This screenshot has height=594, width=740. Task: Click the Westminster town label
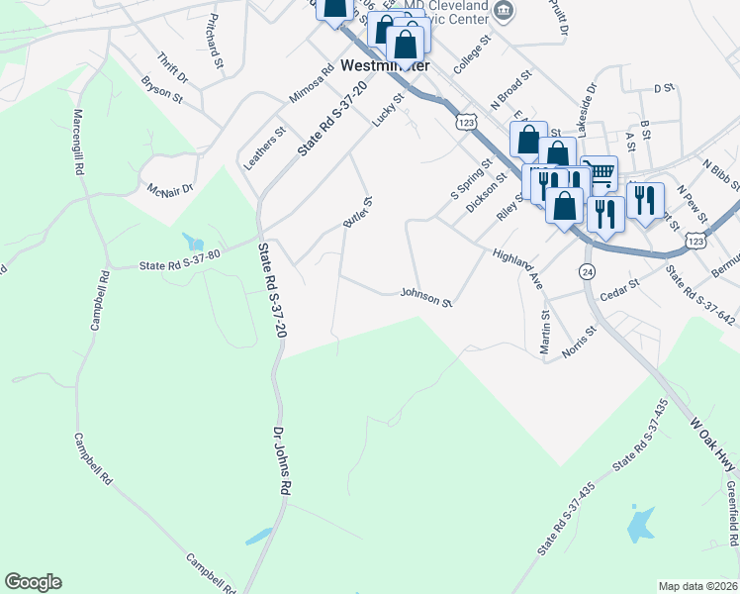tap(385, 65)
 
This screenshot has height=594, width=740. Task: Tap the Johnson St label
tap(425, 295)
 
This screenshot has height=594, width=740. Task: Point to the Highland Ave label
tap(518, 267)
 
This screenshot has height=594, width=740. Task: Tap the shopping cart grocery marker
tap(598, 172)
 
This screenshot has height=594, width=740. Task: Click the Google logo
tap(33, 582)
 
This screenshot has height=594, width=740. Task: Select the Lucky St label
tap(389, 110)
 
